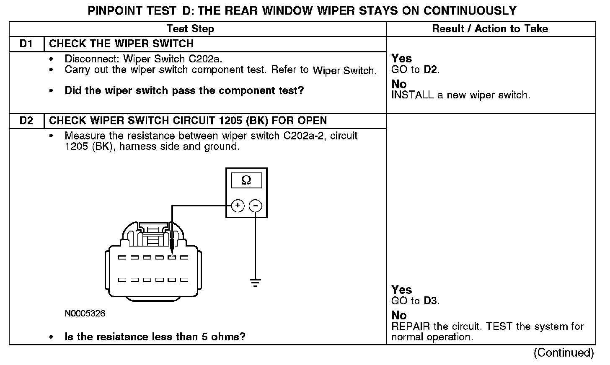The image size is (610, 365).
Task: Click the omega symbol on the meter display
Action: (246, 180)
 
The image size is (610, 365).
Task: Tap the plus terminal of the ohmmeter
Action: (238, 206)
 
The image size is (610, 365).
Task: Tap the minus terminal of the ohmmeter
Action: (256, 206)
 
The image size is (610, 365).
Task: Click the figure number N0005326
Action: (85, 314)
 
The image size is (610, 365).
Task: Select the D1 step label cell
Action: (26, 44)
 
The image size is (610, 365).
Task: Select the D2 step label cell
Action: (26, 121)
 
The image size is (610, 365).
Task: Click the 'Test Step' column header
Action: (190, 29)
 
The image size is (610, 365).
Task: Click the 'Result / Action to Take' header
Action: (490, 29)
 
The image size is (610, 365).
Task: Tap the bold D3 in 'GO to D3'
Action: (431, 301)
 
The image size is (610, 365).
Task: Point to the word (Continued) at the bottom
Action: (563, 353)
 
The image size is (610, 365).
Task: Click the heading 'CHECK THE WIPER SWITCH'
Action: (121, 44)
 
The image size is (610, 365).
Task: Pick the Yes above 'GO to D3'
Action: (401, 290)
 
